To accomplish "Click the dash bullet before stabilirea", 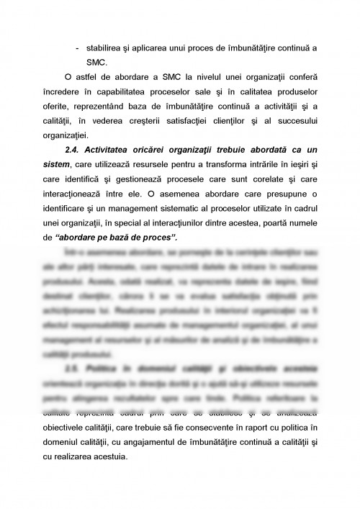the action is coord(77,47).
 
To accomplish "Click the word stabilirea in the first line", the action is coord(108,47).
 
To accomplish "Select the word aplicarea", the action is coord(160,47).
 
